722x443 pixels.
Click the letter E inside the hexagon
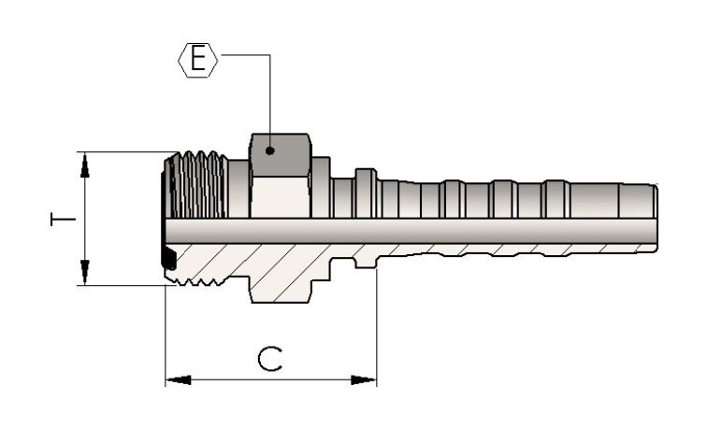[198, 60]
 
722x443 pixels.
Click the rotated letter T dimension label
[63, 219]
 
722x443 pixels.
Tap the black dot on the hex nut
[270, 150]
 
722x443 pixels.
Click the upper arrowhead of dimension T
[85, 165]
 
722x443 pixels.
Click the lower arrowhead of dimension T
[85, 271]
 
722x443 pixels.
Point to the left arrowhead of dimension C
[179, 380]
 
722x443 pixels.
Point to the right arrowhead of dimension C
[364, 380]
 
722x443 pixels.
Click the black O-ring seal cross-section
[169, 259]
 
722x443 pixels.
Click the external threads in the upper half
[197, 185]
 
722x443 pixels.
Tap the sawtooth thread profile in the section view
[198, 280]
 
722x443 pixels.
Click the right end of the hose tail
[657, 218]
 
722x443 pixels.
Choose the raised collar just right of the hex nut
[322, 187]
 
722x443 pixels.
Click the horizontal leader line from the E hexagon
[246, 55]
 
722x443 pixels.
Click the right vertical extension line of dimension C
[377, 327]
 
